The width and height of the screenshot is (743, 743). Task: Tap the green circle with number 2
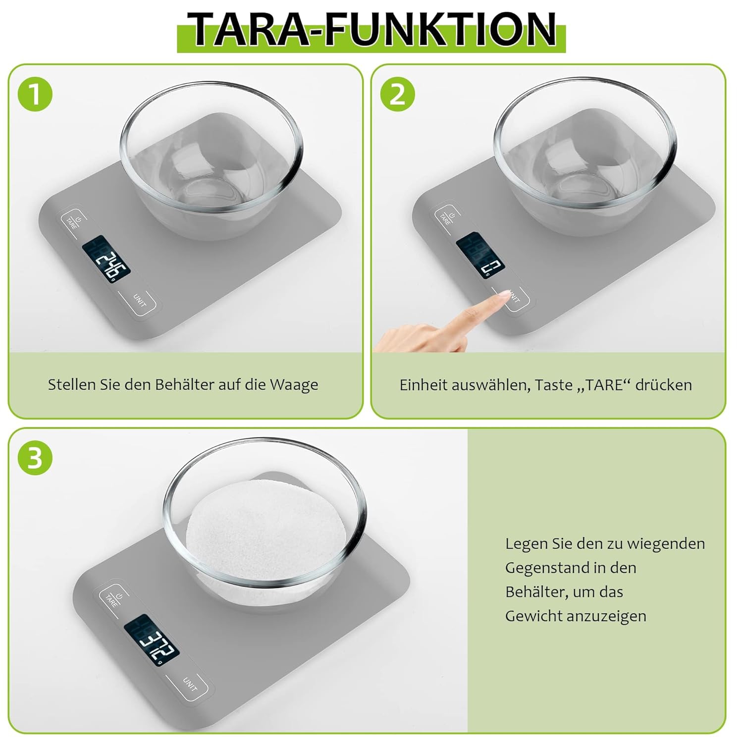coord(397,94)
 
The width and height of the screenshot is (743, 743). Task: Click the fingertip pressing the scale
coord(502,296)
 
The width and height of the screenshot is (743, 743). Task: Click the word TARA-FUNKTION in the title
coord(371,31)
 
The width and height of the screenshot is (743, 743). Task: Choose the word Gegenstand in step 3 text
coord(543,568)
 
